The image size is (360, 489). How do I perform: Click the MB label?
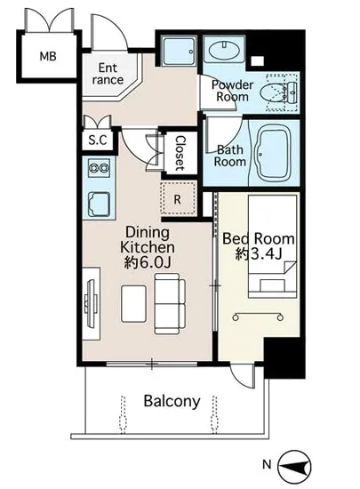coord(48,56)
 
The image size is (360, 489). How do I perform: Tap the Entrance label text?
coord(108,74)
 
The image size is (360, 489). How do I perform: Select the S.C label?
coord(98,140)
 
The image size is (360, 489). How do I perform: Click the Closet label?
coord(180,153)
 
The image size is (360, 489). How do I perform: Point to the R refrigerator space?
coord(179,198)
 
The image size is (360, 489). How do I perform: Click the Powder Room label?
coord(233,91)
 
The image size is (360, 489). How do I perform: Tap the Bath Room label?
coord(230,156)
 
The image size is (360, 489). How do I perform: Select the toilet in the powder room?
coord(276,93)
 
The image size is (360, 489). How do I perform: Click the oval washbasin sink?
coord(224,50)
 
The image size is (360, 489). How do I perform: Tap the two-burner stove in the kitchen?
coord(99,168)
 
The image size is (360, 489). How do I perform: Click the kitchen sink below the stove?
coord(100,204)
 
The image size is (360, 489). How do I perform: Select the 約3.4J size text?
coord(259,254)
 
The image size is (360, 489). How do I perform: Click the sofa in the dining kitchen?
coord(170,304)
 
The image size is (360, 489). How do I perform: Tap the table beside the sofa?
coord(133,303)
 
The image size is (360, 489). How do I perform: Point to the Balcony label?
coord(172,401)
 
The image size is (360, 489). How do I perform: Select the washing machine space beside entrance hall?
coord(179,51)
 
